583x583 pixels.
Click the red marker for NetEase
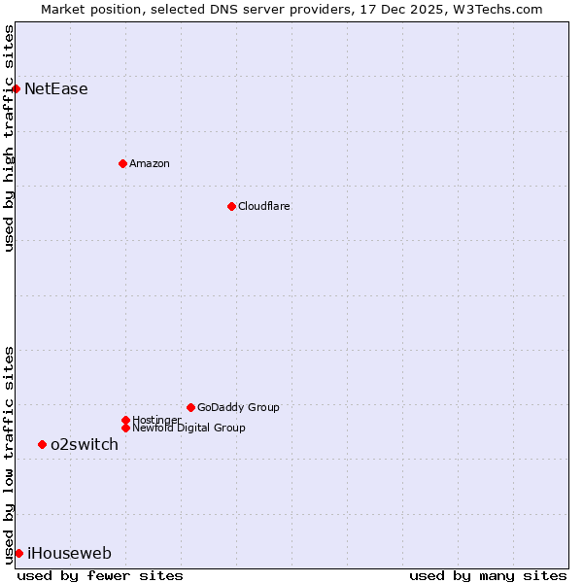click(x=16, y=88)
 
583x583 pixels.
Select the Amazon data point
click(x=122, y=163)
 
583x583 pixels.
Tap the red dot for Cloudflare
click(x=231, y=206)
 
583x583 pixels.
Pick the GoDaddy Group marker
click(x=190, y=407)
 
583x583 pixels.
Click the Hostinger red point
click(x=125, y=420)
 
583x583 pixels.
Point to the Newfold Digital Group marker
click(x=125, y=428)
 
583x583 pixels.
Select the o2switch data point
click(x=42, y=444)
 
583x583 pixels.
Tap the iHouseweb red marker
click(x=18, y=553)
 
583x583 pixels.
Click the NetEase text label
click(x=56, y=89)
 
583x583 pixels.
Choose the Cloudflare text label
click(x=264, y=206)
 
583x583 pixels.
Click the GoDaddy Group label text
click(x=238, y=407)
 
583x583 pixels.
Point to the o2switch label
click(x=85, y=445)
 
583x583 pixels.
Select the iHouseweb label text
click(x=69, y=554)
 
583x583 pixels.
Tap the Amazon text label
click(x=150, y=163)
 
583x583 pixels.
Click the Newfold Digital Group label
click(x=189, y=428)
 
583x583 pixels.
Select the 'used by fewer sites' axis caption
click(x=100, y=575)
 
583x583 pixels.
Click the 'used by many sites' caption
click(x=488, y=575)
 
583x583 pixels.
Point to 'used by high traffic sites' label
click(x=9, y=138)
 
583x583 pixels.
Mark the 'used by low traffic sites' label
click(x=9, y=455)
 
